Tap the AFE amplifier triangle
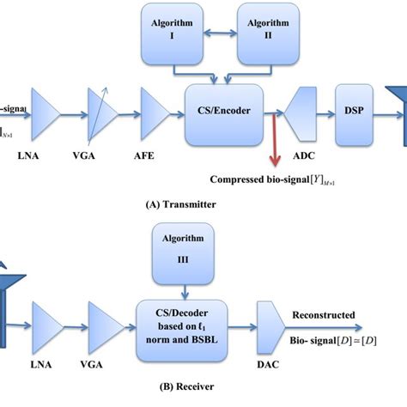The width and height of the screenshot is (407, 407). click(156, 109)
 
